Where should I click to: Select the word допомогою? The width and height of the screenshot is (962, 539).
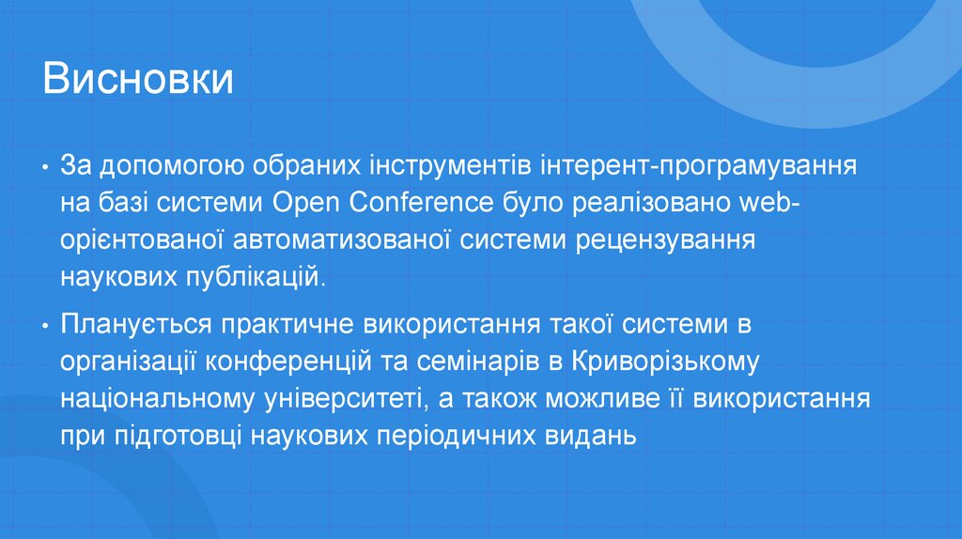point(161,167)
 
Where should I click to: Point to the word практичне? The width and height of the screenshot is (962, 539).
point(282,326)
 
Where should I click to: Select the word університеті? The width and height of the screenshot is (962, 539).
point(339,397)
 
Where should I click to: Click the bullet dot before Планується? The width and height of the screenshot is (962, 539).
point(45,326)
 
